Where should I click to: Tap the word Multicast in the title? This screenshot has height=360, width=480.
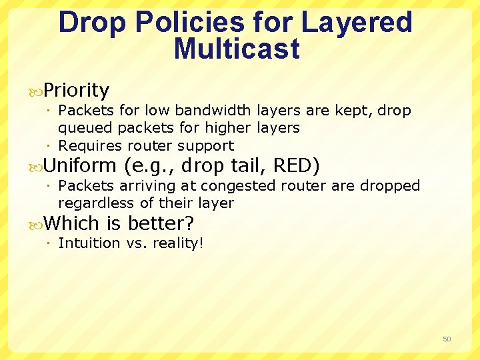pos(237,49)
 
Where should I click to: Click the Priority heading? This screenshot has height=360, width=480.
pos(76,90)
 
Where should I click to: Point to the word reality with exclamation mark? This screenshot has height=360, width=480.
pos(178,243)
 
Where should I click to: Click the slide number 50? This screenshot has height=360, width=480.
pos(447,339)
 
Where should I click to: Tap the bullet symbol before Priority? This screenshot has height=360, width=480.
pos(36,91)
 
